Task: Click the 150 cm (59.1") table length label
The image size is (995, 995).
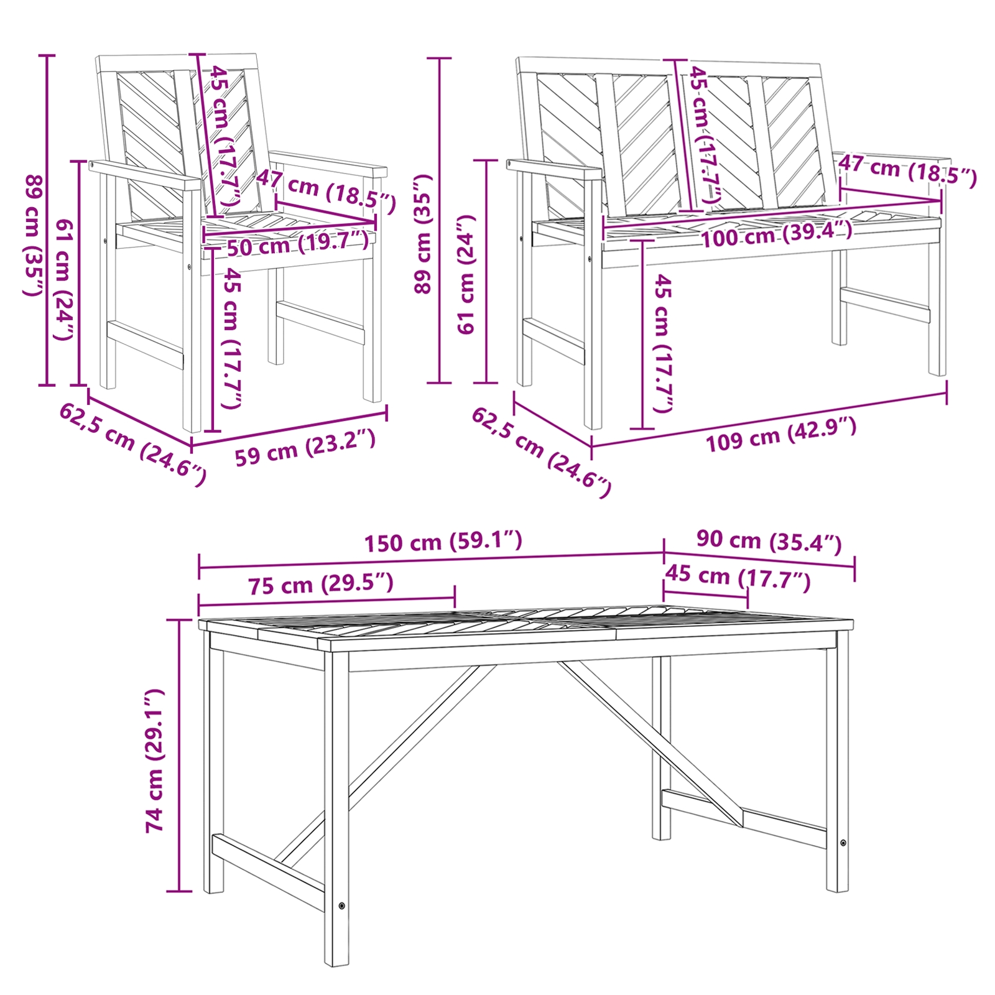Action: click(443, 542)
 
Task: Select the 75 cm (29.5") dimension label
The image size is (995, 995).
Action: click(321, 585)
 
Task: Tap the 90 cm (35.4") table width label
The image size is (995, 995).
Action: click(769, 541)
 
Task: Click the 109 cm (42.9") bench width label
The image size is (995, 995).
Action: click(781, 434)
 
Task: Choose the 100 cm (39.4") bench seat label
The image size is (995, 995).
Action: click(777, 234)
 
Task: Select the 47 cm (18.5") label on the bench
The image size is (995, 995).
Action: click(908, 170)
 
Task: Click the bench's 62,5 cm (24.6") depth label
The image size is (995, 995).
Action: click(541, 451)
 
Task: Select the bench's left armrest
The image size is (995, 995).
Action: click(553, 169)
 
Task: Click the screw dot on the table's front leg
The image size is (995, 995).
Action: click(341, 905)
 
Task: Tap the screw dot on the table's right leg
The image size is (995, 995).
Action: click(843, 843)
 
